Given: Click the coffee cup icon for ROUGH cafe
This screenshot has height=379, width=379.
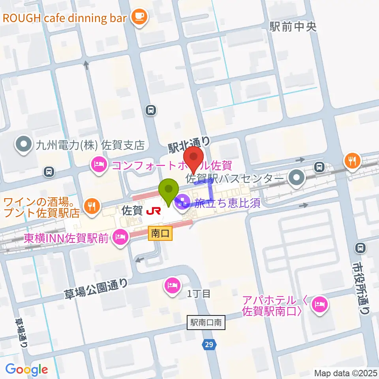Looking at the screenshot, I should click(138, 16).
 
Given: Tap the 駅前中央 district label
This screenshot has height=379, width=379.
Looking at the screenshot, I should click(293, 26).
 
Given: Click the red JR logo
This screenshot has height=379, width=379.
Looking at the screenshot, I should click(153, 211).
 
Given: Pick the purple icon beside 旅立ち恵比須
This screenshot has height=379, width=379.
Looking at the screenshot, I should click(183, 204).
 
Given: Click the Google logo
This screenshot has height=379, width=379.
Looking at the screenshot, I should click(26, 370).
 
